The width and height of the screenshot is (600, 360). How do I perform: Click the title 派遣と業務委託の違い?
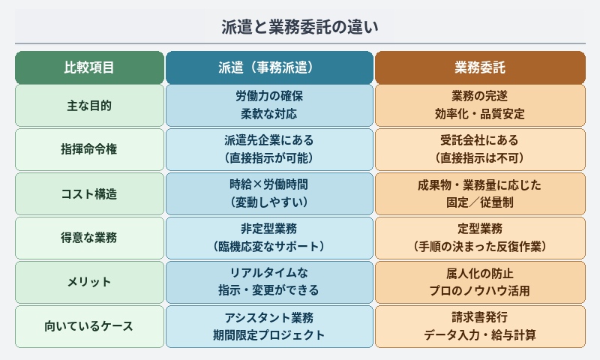[x=299, y=28]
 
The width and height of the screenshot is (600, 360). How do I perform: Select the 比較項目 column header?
[x=89, y=67]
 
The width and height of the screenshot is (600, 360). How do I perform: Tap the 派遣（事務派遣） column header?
[x=269, y=67]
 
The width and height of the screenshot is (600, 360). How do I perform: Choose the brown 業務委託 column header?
[x=480, y=67]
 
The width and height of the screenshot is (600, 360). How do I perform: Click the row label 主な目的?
[x=89, y=105]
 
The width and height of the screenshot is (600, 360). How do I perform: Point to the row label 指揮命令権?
[x=89, y=149]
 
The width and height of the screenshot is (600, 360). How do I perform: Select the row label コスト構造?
[x=89, y=193]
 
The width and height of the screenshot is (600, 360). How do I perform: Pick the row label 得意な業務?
[x=89, y=238]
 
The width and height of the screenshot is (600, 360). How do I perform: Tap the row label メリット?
[x=89, y=282]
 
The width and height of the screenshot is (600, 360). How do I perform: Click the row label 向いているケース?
[x=89, y=326]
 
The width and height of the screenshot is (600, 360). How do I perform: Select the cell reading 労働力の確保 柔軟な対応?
[x=269, y=105]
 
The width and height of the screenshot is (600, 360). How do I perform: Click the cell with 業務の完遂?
[x=480, y=105]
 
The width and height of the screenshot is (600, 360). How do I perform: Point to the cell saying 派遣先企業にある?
[x=269, y=149]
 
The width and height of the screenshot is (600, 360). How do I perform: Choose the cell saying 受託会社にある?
[x=480, y=149]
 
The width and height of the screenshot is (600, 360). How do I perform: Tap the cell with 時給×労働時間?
[x=269, y=193]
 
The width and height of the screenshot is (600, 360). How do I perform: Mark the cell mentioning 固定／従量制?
[x=480, y=193]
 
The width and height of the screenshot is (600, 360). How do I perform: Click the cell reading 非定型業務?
[x=269, y=238]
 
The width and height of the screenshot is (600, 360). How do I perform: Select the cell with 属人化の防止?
[x=480, y=282]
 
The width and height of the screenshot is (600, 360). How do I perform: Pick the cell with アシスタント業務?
[x=269, y=326]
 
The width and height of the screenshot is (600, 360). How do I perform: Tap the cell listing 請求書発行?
[x=480, y=326]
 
